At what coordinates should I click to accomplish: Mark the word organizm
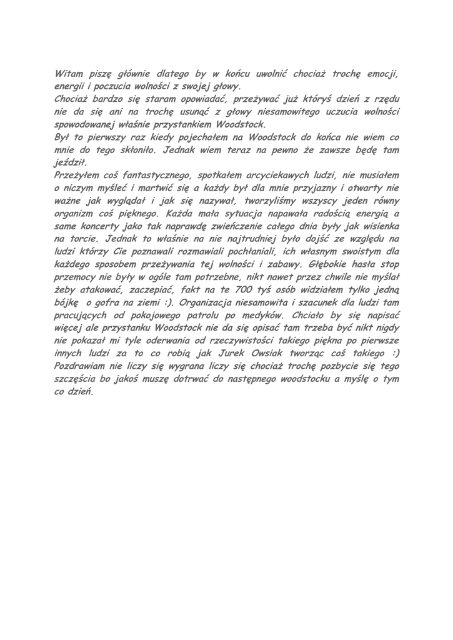coord(75,212)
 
